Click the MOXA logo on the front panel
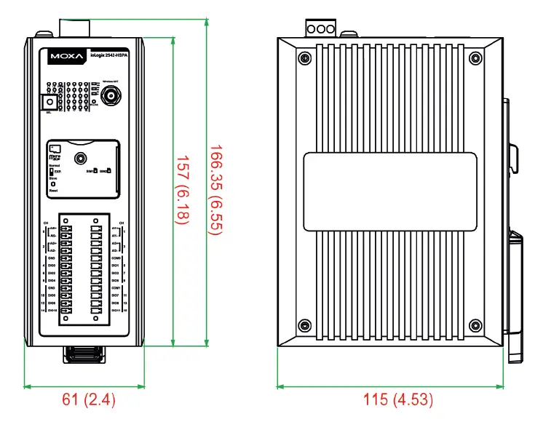tap(66, 55)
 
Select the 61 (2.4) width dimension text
tap(88, 399)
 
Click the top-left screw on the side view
tap(304, 57)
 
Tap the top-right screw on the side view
tap(475, 57)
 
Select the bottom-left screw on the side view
tap(304, 325)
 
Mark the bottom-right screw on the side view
tap(475, 325)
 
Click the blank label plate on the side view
tap(390, 191)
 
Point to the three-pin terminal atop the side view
tap(321, 29)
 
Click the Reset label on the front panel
tap(53, 191)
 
